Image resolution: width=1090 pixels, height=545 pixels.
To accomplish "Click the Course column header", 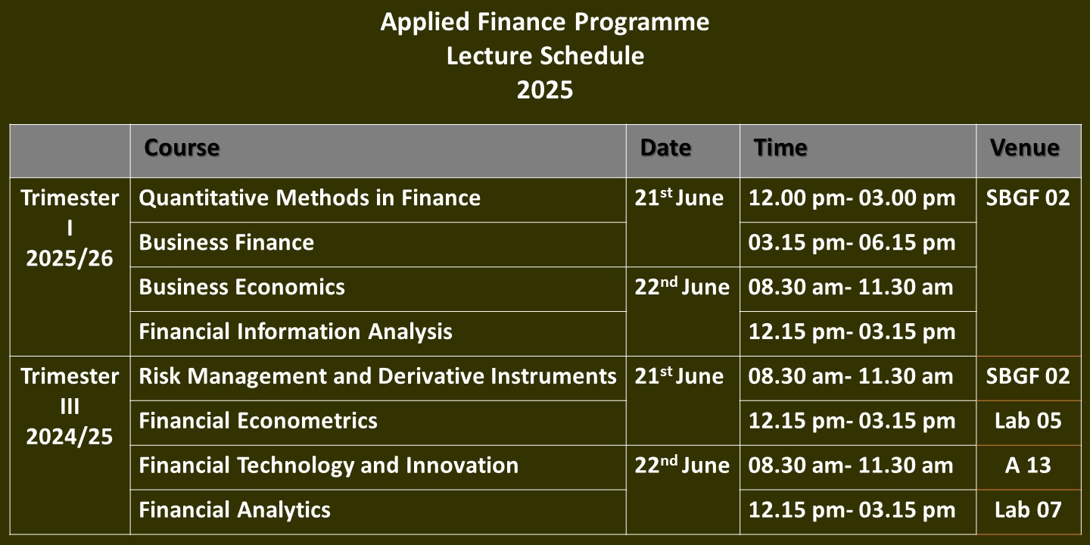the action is click(x=182, y=148).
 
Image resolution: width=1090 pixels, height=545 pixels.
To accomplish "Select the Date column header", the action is click(x=665, y=148).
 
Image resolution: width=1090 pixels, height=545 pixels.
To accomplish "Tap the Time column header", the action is click(x=780, y=148).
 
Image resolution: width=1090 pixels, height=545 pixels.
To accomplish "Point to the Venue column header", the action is click(x=1025, y=148).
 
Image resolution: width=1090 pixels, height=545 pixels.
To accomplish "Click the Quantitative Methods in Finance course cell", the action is click(x=310, y=198).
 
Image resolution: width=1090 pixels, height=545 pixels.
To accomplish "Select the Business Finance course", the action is click(x=226, y=242).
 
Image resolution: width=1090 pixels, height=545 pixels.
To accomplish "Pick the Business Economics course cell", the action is click(x=242, y=287).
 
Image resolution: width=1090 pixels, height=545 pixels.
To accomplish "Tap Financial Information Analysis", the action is click(x=295, y=332).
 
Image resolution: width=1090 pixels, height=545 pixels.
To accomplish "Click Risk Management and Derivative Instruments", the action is click(x=378, y=376).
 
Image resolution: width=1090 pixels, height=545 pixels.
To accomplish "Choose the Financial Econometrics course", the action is click(x=258, y=421).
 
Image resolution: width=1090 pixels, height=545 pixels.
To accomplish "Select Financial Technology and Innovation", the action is click(x=329, y=466).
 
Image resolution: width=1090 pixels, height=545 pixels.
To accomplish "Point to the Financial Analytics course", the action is click(x=235, y=510).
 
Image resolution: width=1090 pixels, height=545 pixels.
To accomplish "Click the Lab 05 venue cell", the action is click(x=1028, y=421).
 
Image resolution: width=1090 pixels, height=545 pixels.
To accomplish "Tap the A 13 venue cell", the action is click(x=1028, y=466).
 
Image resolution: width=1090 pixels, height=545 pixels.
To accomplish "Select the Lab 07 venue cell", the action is click(x=1028, y=510).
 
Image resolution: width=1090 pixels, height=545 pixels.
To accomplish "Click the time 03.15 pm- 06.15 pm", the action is click(x=852, y=242).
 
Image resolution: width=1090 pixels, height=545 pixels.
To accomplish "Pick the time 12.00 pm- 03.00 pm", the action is click(x=852, y=198).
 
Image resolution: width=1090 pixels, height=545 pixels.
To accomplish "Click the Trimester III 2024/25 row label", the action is click(x=70, y=406).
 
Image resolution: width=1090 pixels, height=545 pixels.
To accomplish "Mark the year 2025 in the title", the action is click(x=545, y=90).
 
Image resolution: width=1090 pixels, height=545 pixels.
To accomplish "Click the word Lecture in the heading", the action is click(x=488, y=56).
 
